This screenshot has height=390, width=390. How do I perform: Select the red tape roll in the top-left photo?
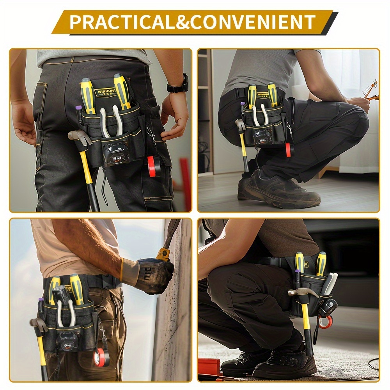pos(154,166)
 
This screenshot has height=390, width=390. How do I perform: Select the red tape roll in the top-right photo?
pos(288,150)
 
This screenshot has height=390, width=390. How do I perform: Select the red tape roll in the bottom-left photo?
pos(101,357)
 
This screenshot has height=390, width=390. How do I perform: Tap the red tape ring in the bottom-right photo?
pos(324,322)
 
